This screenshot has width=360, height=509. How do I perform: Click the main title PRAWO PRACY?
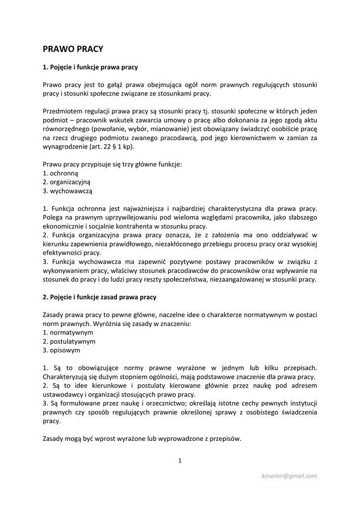(x=73, y=49)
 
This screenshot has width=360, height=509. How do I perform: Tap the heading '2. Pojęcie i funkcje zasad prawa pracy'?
(x=99, y=297)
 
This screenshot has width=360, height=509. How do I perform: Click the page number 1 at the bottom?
(x=180, y=461)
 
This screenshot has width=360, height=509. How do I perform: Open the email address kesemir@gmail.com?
(x=289, y=476)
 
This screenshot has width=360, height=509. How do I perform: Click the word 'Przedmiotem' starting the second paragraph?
(x=62, y=111)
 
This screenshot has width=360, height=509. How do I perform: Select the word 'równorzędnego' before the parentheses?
(x=66, y=129)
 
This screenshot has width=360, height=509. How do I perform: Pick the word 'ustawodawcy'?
(x=62, y=395)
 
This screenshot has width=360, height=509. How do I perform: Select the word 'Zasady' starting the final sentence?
(x=53, y=439)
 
